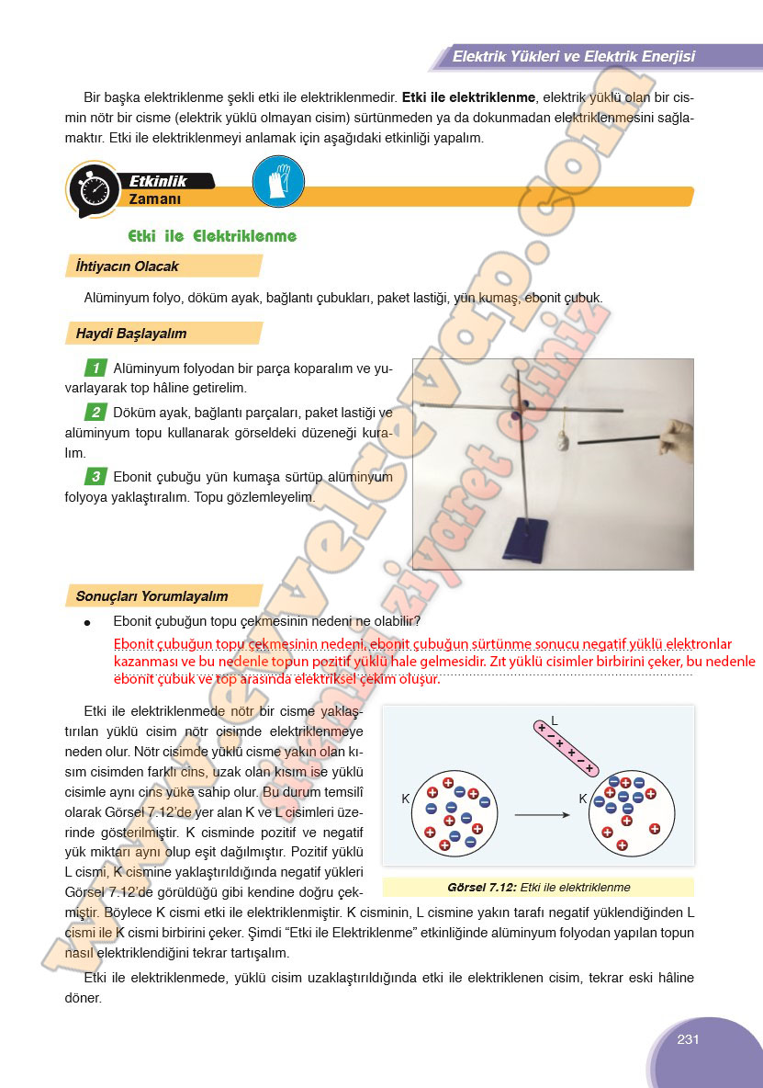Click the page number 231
tap(689, 1039)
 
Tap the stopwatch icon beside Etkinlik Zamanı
tap(95, 190)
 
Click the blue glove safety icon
tap(278, 181)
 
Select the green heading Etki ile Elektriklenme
tap(212, 236)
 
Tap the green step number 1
tap(95, 368)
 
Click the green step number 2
tap(95, 412)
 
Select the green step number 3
tap(95, 476)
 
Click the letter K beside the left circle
tap(406, 799)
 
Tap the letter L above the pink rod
tap(555, 720)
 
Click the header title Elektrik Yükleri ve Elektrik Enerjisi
tap(573, 57)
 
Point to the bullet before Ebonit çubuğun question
tap(87, 622)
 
